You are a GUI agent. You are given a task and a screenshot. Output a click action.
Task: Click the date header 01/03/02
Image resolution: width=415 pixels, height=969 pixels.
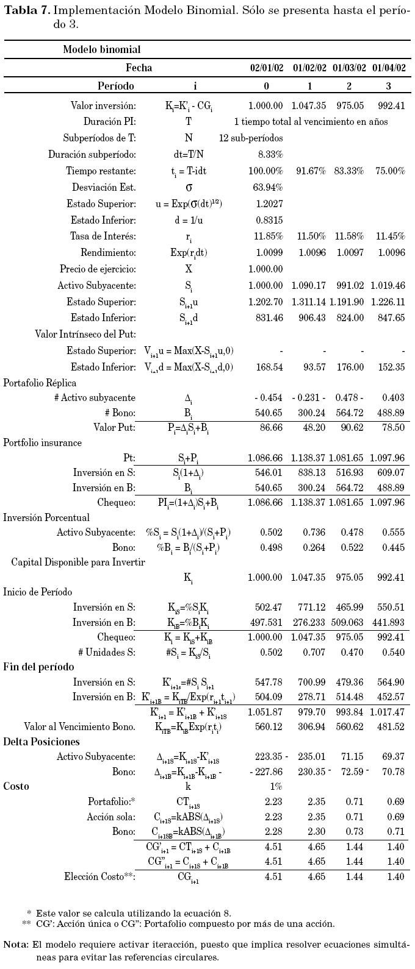(x=349, y=68)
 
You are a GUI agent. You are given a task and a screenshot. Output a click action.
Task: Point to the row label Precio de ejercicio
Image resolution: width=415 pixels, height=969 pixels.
(x=98, y=269)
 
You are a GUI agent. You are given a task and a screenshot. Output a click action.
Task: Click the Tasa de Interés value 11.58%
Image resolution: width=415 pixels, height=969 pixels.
(x=349, y=236)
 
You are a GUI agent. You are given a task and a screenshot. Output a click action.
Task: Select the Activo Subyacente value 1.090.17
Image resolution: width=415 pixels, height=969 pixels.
(x=309, y=285)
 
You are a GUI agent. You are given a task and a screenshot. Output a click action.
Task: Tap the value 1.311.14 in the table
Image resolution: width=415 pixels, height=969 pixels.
(x=309, y=302)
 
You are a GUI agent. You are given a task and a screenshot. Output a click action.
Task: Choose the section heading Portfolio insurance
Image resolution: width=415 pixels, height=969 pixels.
(x=43, y=442)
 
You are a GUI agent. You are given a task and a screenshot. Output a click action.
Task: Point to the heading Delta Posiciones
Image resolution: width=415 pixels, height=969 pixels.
(x=41, y=742)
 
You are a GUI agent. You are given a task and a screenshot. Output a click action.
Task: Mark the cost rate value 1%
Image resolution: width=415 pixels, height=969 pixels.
(x=275, y=786)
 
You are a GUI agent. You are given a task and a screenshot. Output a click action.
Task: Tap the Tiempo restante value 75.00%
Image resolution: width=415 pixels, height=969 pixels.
(x=389, y=171)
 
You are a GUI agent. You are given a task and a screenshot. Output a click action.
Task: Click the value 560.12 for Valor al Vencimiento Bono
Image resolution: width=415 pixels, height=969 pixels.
(x=269, y=726)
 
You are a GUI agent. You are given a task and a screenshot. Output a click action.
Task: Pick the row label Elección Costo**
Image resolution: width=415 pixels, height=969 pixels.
(x=99, y=876)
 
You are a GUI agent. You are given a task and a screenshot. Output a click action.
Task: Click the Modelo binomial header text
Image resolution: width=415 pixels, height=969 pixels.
(x=101, y=49)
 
